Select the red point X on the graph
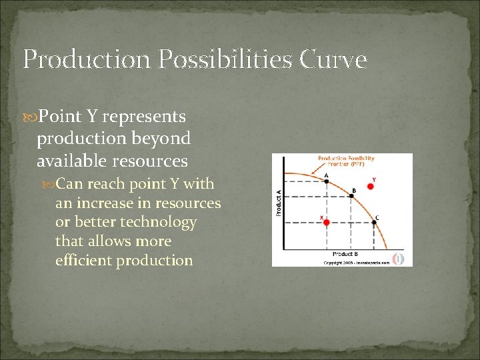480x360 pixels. pos(327,222)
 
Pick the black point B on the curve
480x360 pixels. pos(353,195)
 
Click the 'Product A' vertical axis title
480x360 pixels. pos(278,202)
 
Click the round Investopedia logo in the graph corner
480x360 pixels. pos(399,257)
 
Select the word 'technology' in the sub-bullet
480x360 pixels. pos(163,222)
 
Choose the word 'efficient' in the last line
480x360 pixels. pos(83,260)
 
